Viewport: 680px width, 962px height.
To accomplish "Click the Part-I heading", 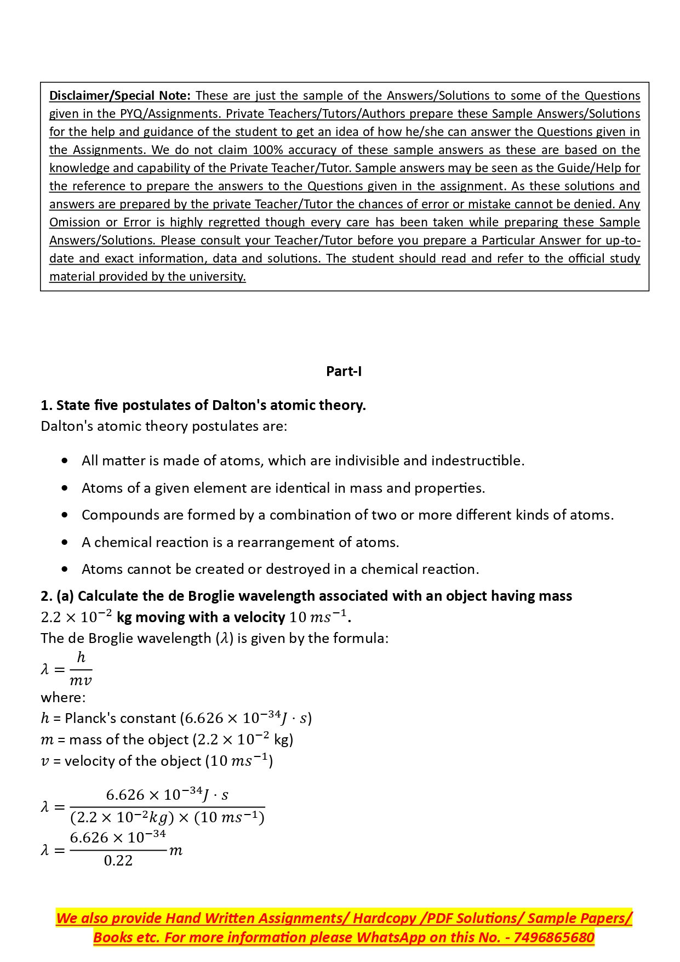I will [344, 371].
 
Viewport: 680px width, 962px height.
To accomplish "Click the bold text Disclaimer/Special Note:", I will [120, 95].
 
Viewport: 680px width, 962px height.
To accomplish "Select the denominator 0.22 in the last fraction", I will [118, 861].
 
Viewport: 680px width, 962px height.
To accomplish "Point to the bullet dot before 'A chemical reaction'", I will [65, 542].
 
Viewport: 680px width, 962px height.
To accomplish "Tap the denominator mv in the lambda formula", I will [81, 681].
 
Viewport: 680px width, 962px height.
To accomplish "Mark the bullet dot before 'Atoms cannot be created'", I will [65, 569].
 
